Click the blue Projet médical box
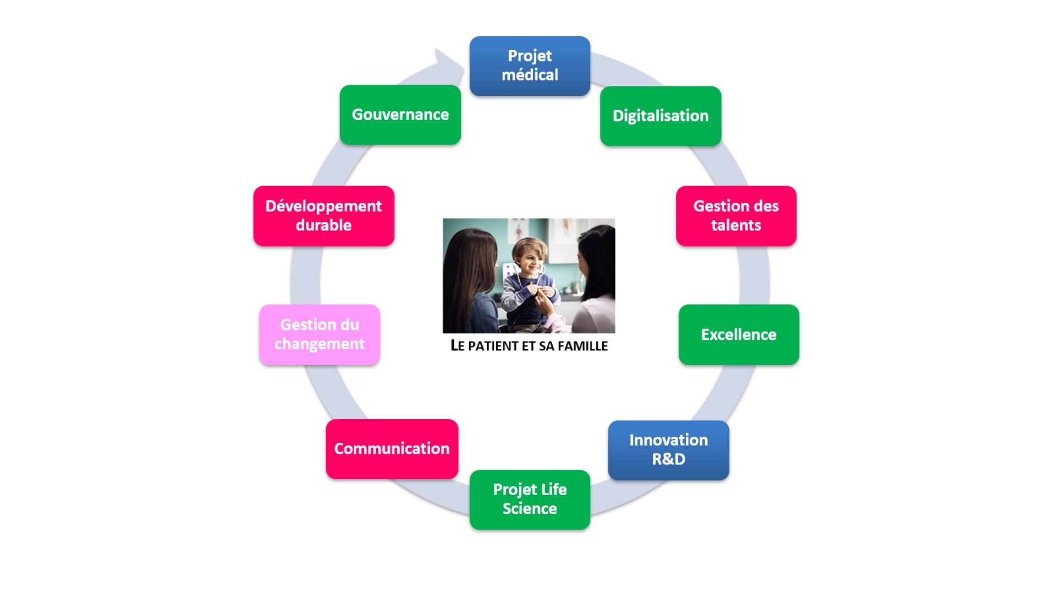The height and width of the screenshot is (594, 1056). [x=530, y=66]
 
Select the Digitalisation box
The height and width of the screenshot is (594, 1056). [x=661, y=116]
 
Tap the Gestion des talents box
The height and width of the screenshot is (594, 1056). [x=736, y=216]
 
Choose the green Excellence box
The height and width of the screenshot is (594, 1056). [x=739, y=334]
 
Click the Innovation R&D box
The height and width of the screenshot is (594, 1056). [x=668, y=450]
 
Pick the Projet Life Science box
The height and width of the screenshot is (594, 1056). [x=530, y=499]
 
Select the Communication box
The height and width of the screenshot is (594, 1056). [x=392, y=449]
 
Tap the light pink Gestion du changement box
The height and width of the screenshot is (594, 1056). [x=320, y=334]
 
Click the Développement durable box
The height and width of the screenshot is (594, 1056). [x=323, y=216]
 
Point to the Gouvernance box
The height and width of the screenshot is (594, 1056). [x=400, y=114]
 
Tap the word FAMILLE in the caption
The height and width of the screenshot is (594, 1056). [x=582, y=346]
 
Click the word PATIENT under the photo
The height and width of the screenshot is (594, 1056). [x=493, y=346]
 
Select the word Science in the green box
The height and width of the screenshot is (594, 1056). [x=530, y=509]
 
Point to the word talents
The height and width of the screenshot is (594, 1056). [x=736, y=226]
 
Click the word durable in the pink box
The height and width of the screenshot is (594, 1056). [x=323, y=226]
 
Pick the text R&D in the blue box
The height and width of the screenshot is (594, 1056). [x=668, y=459]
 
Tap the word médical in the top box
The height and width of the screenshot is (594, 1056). [x=530, y=75]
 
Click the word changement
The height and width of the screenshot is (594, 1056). [x=320, y=344]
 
